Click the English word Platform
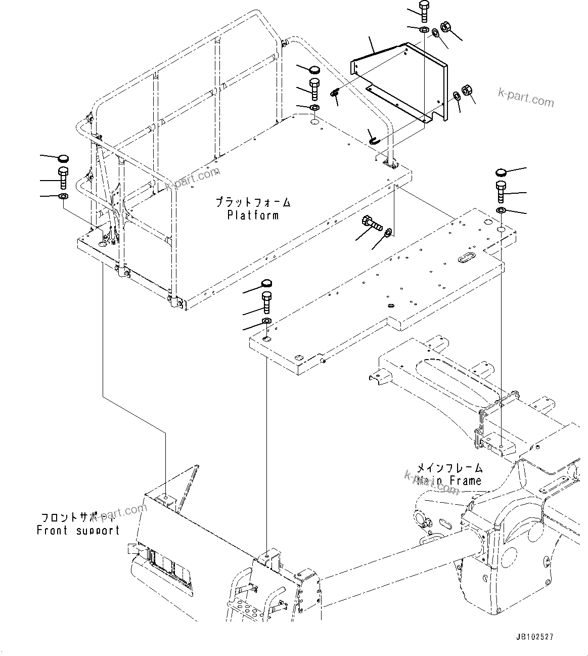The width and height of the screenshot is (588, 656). coord(253,215)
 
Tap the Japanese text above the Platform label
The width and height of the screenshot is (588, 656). coord(253,202)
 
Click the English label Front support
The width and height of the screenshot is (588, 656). coord(78,530)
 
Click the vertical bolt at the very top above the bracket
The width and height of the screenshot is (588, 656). coord(424,12)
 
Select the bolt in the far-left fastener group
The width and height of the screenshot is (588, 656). coord(63,179)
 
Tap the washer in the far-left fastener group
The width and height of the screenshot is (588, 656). coord(63,196)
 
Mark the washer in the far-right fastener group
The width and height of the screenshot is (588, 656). coord(501,210)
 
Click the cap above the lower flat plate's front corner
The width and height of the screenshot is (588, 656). coord(266,283)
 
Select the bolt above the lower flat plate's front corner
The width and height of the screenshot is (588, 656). coord(266,302)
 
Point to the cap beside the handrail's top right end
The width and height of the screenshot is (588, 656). coord(314,69)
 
